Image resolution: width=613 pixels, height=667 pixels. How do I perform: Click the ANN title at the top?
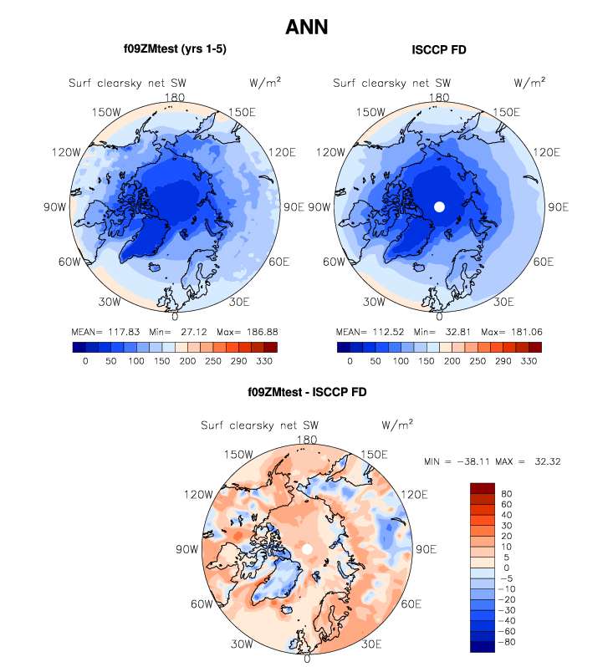pyautogui.click(x=306, y=27)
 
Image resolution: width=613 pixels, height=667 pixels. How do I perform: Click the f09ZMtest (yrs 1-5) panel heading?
pyautogui.click(x=175, y=49)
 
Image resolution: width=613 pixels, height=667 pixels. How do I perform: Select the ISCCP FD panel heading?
pyautogui.click(x=439, y=50)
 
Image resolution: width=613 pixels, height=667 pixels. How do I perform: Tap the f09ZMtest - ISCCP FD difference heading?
pyautogui.click(x=306, y=391)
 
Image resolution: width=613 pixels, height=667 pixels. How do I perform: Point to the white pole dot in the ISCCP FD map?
pyautogui.click(x=440, y=206)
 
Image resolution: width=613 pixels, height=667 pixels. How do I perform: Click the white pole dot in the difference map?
pyautogui.click(x=307, y=548)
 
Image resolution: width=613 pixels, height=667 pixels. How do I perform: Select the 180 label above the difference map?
pyautogui.click(x=307, y=440)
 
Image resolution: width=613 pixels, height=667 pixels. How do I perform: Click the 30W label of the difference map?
pyautogui.click(x=243, y=644)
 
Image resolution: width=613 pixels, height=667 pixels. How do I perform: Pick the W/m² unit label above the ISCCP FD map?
pyautogui.click(x=529, y=82)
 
